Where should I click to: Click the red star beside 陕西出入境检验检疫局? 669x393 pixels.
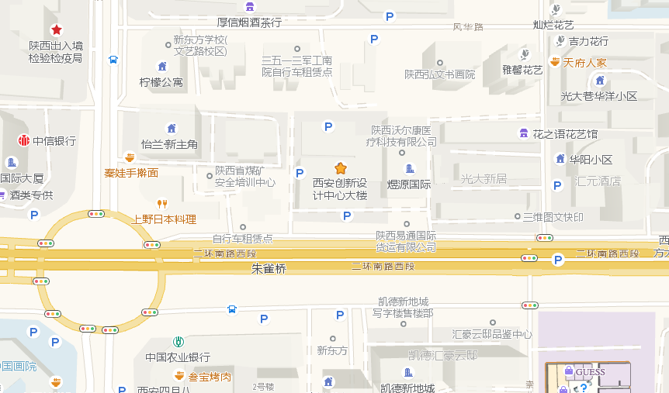pos(56,29)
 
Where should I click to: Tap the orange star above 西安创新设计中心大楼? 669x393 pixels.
pos(340,168)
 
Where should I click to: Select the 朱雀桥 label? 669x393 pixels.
pos(269,269)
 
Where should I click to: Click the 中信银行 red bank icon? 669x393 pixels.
pos(24,140)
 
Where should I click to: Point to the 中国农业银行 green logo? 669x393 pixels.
pos(179,342)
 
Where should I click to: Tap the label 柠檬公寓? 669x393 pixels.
pos(161,82)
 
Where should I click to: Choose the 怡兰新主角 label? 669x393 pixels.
pos(169,144)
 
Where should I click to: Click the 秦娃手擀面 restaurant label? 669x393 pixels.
pos(131,173)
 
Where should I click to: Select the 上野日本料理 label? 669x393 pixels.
pos(164,219)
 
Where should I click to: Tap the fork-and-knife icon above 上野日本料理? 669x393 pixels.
pos(162,204)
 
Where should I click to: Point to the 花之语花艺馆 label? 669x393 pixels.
pos(565,134)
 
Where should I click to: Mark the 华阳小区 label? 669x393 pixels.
pos(591,160)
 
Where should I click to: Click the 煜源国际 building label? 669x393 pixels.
pos(409,184)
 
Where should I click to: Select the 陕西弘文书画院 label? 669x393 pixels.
pos(439,74)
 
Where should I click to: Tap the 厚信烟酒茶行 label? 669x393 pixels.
pos(249,22)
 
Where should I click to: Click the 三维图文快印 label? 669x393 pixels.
pos(553,217)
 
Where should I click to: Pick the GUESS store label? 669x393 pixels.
pos(590,372)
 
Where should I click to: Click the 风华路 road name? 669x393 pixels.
pos(468,27)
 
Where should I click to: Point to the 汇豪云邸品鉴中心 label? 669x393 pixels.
pos(492,334)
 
